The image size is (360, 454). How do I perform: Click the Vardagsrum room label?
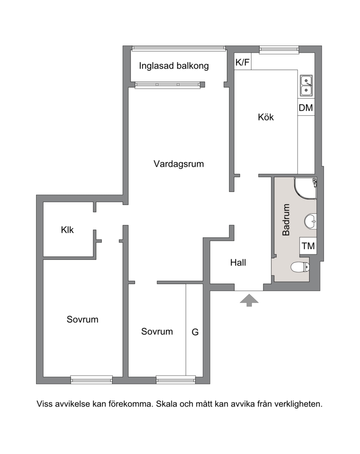pyautogui.click(x=179, y=164)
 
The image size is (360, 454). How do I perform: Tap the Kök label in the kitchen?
pyautogui.click(x=265, y=117)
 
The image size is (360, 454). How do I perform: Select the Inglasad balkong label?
pyautogui.click(x=174, y=66)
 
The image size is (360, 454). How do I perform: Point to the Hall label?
pyautogui.click(x=238, y=263)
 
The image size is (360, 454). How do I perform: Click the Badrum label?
pyautogui.click(x=286, y=220)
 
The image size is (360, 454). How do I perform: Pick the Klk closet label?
pyautogui.click(x=67, y=230)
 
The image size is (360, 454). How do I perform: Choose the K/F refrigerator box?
pyautogui.click(x=243, y=62)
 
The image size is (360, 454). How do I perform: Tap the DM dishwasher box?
pyautogui.click(x=306, y=108)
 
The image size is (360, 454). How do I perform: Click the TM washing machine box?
pyautogui.click(x=308, y=246)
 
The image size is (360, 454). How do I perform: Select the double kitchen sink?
pyautogui.click(x=306, y=86)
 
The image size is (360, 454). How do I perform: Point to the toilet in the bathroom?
pyautogui.click(x=300, y=267)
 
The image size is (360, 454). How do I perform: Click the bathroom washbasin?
pyautogui.click(x=310, y=222)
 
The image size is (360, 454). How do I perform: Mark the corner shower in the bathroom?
pyautogui.click(x=306, y=188)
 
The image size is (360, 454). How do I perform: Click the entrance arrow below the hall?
pyautogui.click(x=249, y=300)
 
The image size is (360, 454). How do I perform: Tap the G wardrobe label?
pyautogui.click(x=195, y=332)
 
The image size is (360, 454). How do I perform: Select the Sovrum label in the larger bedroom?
pyautogui.click(x=82, y=319)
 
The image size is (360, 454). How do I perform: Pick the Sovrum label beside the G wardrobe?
pyautogui.click(x=157, y=331)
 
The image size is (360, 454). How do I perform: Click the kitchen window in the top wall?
pyautogui.click(x=279, y=50)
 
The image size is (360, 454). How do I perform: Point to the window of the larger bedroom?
pyautogui.click(x=91, y=380)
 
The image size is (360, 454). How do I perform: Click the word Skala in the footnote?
pyautogui.click(x=166, y=404)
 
